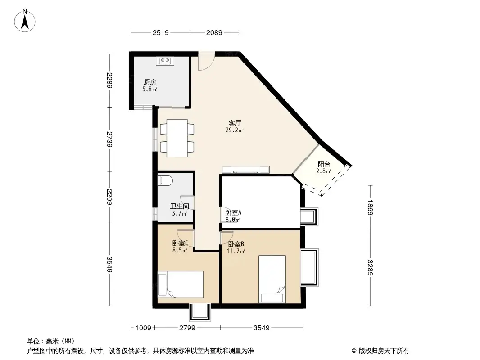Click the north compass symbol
pyautogui.click(x=26, y=20)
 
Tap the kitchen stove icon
pyautogui.click(x=165, y=60)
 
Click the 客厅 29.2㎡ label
pyautogui.click(x=235, y=126)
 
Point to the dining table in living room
pyautogui.click(x=177, y=138)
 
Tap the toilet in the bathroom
pyautogui.click(x=165, y=180)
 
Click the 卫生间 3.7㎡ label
pyautogui.click(x=179, y=210)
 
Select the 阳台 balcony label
pyautogui.click(x=324, y=167)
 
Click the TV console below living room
pyautogui.click(x=246, y=170)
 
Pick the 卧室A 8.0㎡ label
pyautogui.click(x=233, y=216)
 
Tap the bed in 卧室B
pyautogui.click(x=272, y=279)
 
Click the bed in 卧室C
pyautogui.click(x=180, y=284)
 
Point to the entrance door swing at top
pyautogui.click(x=205, y=62)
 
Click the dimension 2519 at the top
pyautogui.click(x=160, y=32)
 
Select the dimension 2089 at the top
pyautogui.click(x=214, y=32)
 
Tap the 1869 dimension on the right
pyautogui.click(x=370, y=207)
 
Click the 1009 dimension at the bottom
pyautogui.click(x=143, y=328)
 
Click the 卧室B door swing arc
pyautogui.click(x=226, y=237)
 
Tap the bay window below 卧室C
pyautogui.click(x=199, y=313)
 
